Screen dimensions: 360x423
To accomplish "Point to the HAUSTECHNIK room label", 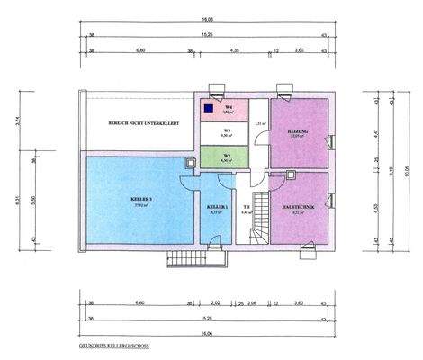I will click(x=298, y=209).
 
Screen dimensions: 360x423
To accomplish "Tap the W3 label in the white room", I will click(x=229, y=131).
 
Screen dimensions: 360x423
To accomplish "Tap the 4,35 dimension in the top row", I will click(x=234, y=50).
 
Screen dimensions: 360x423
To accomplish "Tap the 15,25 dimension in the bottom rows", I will click(x=207, y=318).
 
